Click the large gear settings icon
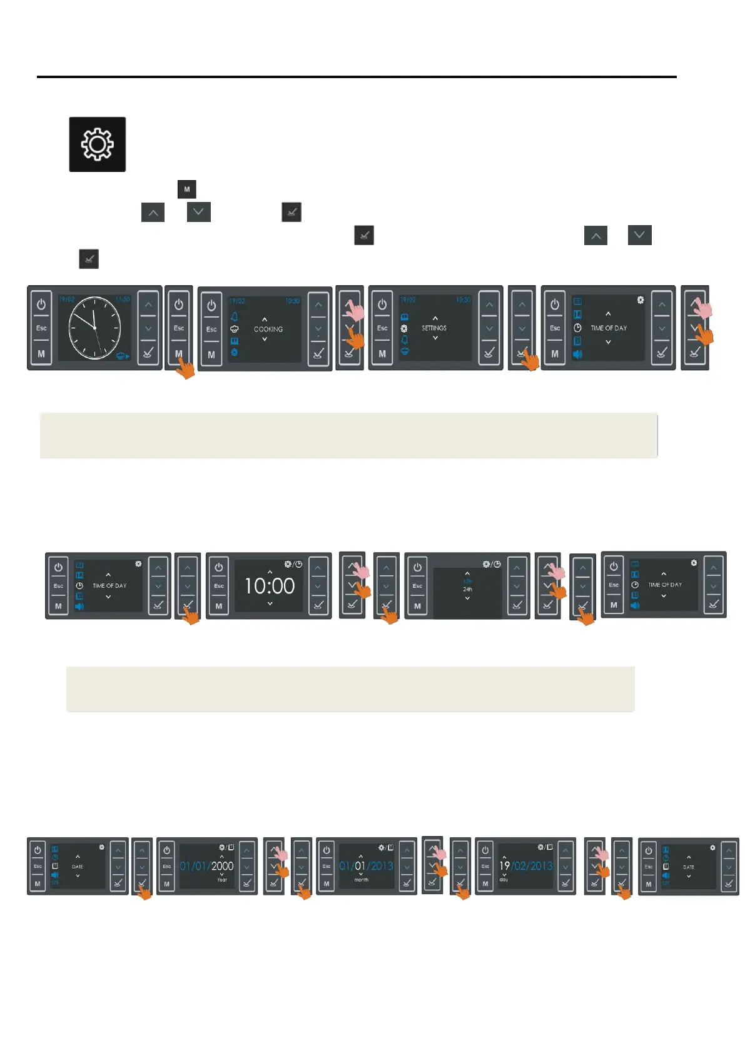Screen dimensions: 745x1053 tap(97, 144)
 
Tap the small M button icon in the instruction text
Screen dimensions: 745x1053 tap(186, 189)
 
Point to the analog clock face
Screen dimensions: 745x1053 tap(94, 328)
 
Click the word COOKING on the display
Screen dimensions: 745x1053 tap(268, 329)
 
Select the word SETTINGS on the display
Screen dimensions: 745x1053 tap(434, 328)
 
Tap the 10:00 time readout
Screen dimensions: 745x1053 tap(270, 587)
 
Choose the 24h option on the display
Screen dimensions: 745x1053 tap(467, 589)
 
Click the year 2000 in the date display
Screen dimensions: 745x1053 tap(222, 866)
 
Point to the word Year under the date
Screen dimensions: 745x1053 tap(222, 880)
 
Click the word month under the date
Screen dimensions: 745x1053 tap(362, 880)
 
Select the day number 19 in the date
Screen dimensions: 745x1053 tap(504, 866)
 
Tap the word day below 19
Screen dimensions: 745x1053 tap(504, 880)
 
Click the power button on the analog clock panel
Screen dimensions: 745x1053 tap(41, 305)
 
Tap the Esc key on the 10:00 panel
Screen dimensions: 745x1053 tap(219, 586)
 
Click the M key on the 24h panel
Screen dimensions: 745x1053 tap(417, 606)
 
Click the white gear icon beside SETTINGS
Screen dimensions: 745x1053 tap(404, 328)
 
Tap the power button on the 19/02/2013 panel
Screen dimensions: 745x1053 tap(485, 850)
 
